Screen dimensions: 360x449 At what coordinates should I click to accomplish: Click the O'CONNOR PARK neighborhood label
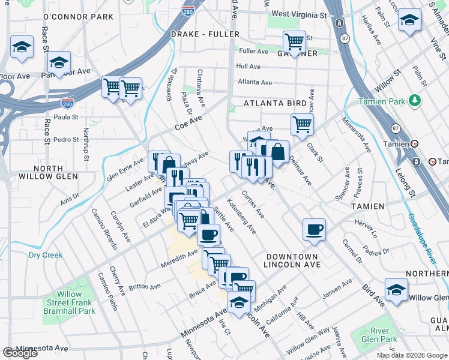[x=79, y=17]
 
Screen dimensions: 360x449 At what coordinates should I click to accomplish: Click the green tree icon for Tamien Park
[x=414, y=100]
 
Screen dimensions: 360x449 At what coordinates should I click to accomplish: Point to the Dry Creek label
[x=46, y=255]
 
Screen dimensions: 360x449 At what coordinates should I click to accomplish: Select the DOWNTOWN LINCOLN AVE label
[x=299, y=260]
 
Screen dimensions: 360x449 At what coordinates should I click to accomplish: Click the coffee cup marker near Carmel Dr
[x=314, y=229]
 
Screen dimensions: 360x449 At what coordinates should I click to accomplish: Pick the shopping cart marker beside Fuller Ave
[x=294, y=42]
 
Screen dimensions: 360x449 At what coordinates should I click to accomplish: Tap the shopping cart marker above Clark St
[x=302, y=124]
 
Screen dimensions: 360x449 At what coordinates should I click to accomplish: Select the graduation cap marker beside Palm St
[x=409, y=20]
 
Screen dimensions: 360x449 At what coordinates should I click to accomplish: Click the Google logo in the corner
[x=20, y=353]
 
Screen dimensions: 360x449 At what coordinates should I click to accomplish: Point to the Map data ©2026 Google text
[x=412, y=355]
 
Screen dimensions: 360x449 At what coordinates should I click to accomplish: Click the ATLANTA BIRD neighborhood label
[x=275, y=103]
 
